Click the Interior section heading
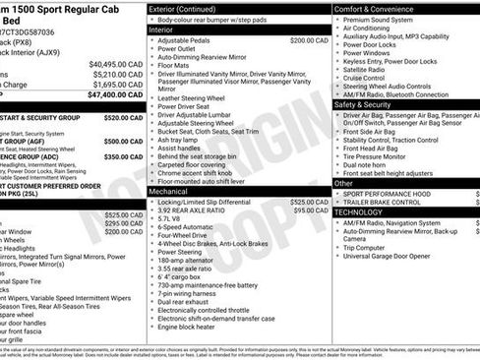pos(161,30)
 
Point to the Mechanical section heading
pos(168,192)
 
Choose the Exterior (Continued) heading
pos(190,9)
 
